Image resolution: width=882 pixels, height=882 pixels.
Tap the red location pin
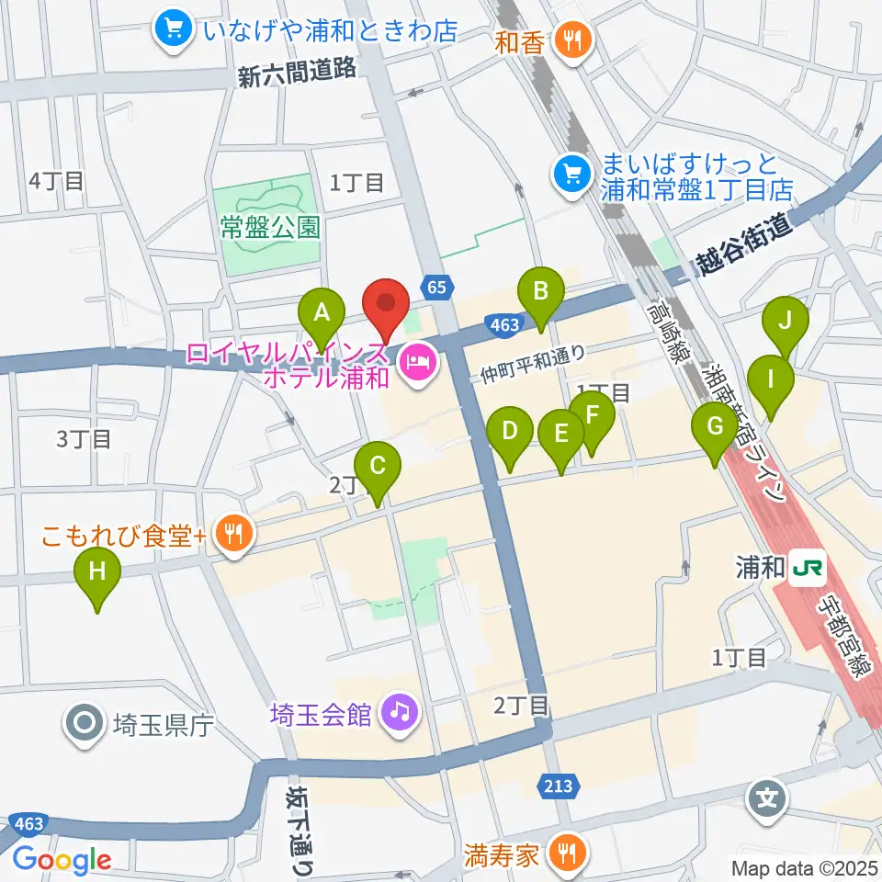[x=387, y=305]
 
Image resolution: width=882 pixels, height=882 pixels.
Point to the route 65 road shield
[x=437, y=288]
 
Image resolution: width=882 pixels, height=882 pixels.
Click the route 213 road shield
[x=558, y=786]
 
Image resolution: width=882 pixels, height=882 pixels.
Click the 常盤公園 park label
[x=269, y=227]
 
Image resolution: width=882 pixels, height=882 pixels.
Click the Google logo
[x=62, y=860]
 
